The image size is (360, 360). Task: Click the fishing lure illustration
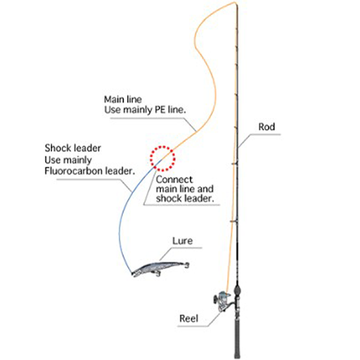tap(160, 269)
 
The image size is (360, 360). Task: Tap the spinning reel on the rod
tap(222, 301)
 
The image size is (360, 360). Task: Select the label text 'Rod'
tap(266, 127)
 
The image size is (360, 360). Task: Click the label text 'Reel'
tap(188, 319)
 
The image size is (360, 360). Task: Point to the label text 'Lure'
tap(183, 240)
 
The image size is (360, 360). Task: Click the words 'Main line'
tap(123, 99)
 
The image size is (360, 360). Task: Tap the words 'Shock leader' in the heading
tap(73, 148)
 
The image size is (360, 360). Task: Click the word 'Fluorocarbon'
tap(73, 171)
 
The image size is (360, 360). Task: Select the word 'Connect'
tap(174, 180)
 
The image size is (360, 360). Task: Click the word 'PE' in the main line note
tap(160, 110)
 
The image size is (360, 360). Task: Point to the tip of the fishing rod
tap(235, 3)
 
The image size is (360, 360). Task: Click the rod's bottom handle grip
tap(237, 337)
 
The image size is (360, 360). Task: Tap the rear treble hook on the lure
tap(187, 265)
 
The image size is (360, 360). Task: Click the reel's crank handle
tap(215, 299)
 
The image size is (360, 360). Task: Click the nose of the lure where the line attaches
tap(132, 274)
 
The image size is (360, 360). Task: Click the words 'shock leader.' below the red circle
tap(185, 198)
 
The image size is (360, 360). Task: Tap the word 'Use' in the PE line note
tap(112, 110)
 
